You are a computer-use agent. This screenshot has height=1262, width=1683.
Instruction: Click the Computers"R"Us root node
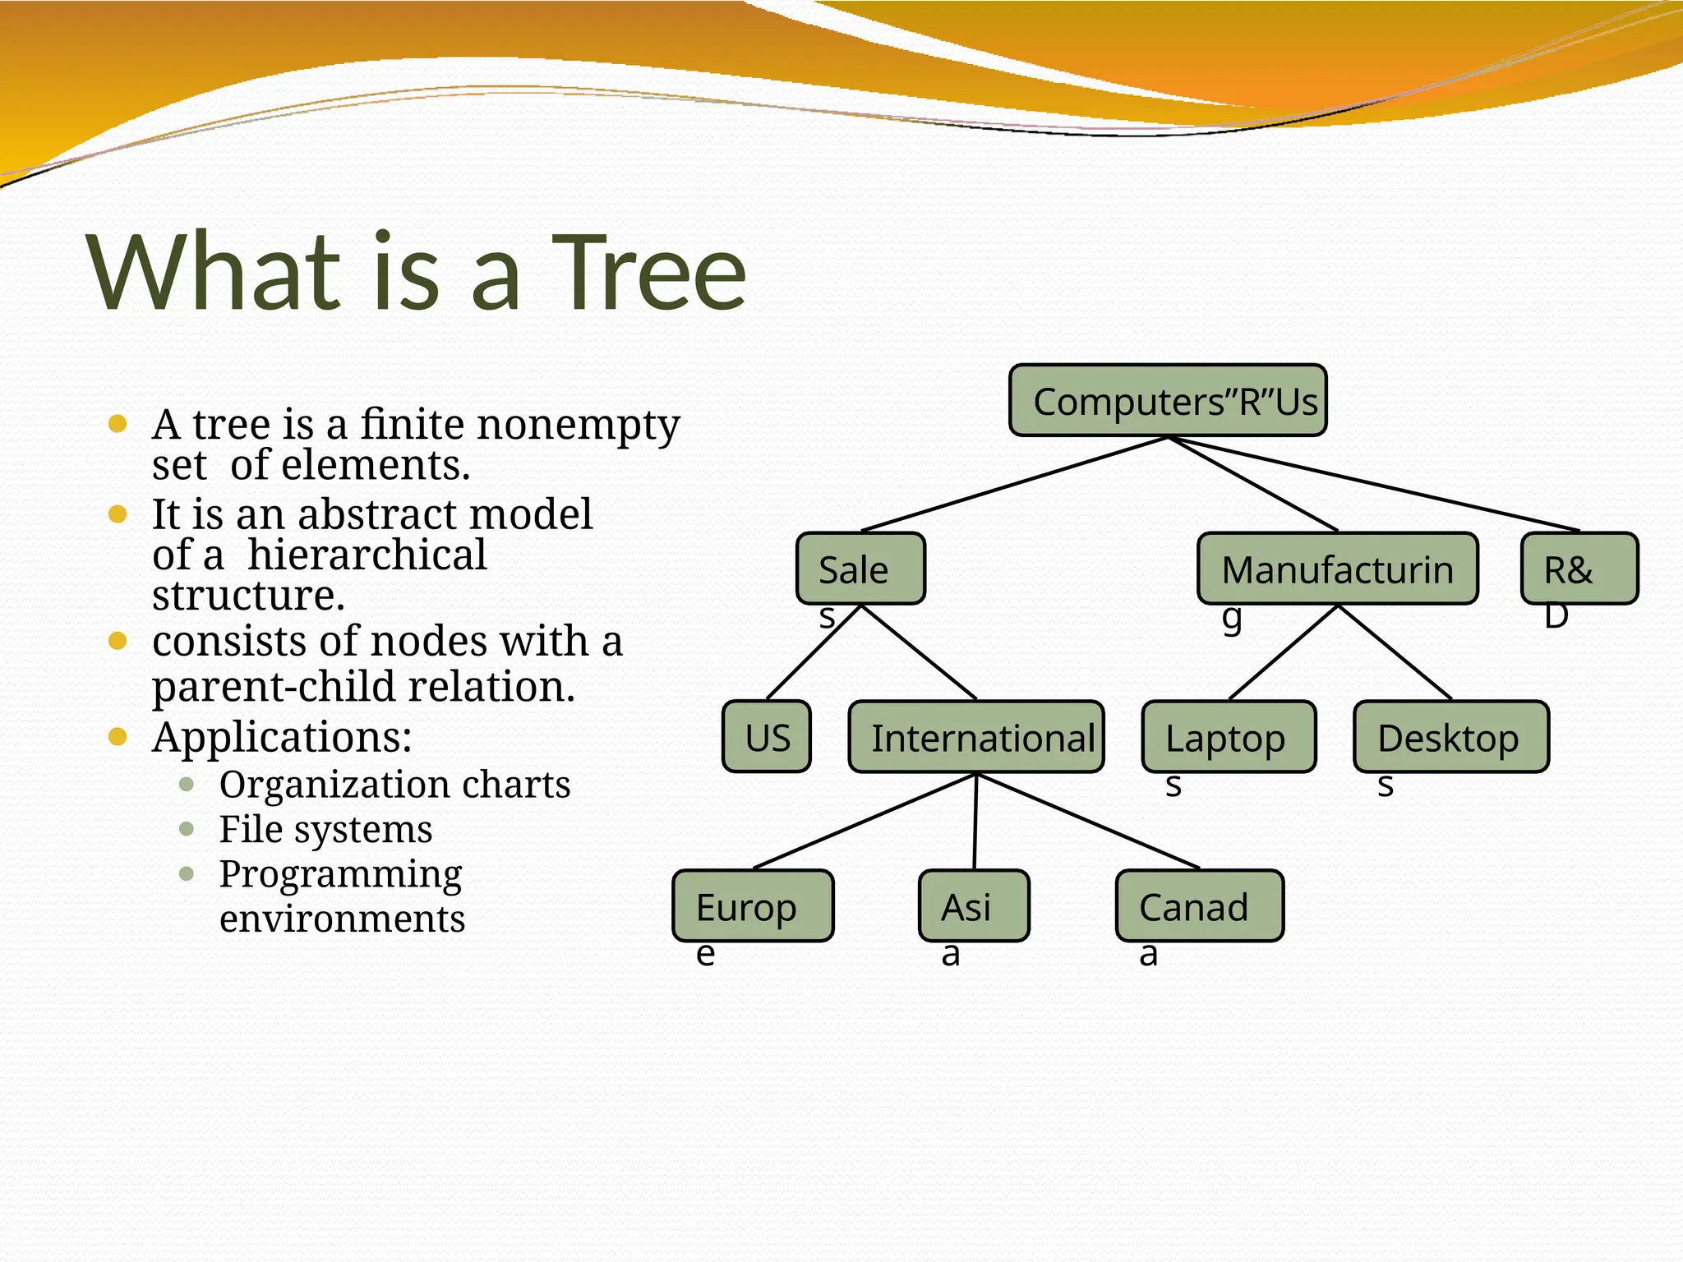pos(1168,400)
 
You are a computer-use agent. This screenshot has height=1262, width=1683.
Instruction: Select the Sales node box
pos(860,569)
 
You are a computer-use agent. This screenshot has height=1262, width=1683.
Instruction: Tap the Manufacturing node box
pos(1337,569)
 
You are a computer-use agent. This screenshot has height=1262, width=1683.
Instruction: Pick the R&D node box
pos(1579,569)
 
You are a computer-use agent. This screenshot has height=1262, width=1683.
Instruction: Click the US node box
pos(767,737)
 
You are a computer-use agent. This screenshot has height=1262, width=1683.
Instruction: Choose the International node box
pos(976,737)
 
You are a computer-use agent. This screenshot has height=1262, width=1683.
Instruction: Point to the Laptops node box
pos(1229,737)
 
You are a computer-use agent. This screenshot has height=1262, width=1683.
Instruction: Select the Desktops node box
pos(1450,737)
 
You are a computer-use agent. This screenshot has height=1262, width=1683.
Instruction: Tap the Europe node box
pos(753,905)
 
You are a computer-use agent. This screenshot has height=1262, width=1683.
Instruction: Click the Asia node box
pos(974,905)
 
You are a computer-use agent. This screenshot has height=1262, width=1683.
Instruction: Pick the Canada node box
pos(1199,905)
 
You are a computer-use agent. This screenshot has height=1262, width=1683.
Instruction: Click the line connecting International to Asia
pos(975,822)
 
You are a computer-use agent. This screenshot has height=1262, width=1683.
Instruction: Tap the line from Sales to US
pos(814,652)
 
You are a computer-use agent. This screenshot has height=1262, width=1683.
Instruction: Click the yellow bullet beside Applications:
pos(118,736)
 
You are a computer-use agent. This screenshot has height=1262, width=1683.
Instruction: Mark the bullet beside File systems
pos(187,829)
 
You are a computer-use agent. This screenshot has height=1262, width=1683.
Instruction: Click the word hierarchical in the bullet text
pos(367,555)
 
